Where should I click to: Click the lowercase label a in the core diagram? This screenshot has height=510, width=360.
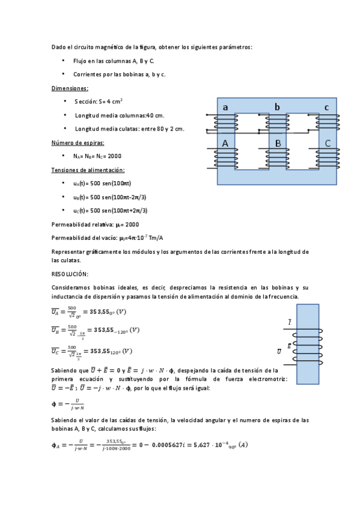(225, 108)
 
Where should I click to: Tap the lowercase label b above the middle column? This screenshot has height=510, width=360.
(277, 107)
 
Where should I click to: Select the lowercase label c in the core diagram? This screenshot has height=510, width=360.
(326, 108)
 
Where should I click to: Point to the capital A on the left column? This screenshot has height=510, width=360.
(225, 143)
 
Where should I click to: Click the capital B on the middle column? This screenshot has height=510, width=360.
(278, 143)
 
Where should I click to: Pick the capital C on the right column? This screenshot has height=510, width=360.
(327, 143)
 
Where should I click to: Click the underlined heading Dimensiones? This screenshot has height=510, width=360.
(70, 88)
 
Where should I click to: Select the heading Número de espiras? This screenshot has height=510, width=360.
(78, 143)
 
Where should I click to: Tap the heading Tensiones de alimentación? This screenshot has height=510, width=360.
(88, 170)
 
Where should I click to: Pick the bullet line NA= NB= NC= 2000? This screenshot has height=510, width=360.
(97, 156)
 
